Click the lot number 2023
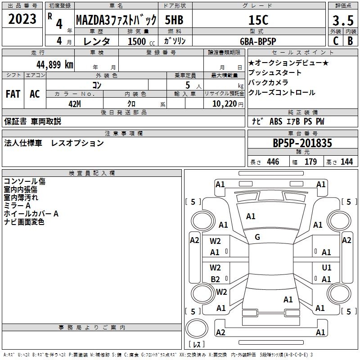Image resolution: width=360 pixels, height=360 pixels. [22, 19]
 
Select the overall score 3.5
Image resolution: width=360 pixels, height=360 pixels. [342, 21]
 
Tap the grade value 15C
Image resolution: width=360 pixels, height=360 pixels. [258, 20]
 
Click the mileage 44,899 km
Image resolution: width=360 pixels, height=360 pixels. [47, 64]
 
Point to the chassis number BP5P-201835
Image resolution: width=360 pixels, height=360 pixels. [302, 143]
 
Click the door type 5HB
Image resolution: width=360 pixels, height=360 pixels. [174, 20]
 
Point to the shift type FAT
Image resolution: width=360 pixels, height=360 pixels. [13, 94]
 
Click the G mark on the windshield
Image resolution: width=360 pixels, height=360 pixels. [257, 237]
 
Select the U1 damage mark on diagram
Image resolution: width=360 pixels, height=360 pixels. [327, 268]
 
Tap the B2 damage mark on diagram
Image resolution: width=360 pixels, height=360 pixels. [216, 279]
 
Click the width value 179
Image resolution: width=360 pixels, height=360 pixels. [311, 162]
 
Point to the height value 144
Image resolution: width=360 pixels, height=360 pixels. [346, 162]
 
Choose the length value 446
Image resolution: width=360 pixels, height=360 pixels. [273, 162]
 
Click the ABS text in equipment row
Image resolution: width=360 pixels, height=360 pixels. [275, 122]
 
